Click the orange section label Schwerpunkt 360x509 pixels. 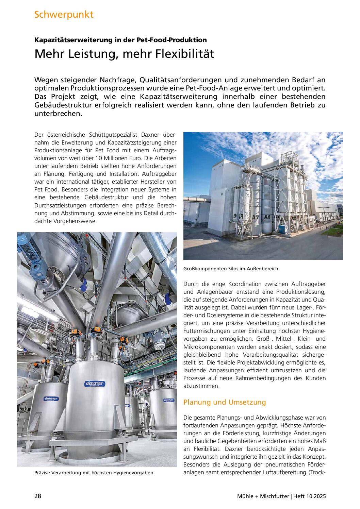tap(64, 15)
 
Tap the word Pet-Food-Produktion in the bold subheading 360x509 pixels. tap(171, 40)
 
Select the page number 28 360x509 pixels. tap(38, 496)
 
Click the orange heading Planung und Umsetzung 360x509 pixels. tap(224, 402)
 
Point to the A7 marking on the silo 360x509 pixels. tap(255, 217)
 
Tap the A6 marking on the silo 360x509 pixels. tap(267, 217)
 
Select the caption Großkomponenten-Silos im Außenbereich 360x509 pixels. tap(231, 269)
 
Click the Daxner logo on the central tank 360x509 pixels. tap(95, 384)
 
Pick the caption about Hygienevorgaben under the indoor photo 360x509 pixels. tap(94, 473)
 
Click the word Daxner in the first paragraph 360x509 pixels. tap(150, 135)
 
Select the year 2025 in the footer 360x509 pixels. tap(320, 496)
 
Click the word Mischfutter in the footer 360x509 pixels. tap(274, 496)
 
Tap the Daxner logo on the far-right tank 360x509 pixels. tap(169, 400)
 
